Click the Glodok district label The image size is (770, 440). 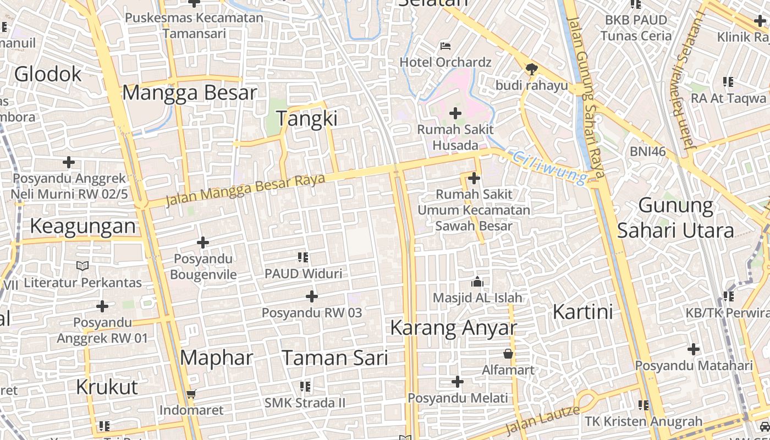48,74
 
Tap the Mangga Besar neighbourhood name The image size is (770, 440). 190,92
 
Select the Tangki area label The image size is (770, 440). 306,119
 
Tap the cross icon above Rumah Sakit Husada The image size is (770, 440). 455,114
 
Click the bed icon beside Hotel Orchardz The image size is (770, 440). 446,46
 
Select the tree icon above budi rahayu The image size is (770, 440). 531,69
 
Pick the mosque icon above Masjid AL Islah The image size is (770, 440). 477,282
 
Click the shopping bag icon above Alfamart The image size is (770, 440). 508,354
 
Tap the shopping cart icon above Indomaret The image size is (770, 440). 191,394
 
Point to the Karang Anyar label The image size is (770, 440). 454,328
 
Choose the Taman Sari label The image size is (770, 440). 335,358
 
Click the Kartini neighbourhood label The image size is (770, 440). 582,312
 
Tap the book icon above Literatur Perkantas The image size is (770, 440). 82,266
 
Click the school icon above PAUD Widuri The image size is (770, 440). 303,257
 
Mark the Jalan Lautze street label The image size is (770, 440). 542,420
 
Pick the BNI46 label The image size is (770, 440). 648,151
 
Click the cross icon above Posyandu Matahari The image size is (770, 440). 694,349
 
